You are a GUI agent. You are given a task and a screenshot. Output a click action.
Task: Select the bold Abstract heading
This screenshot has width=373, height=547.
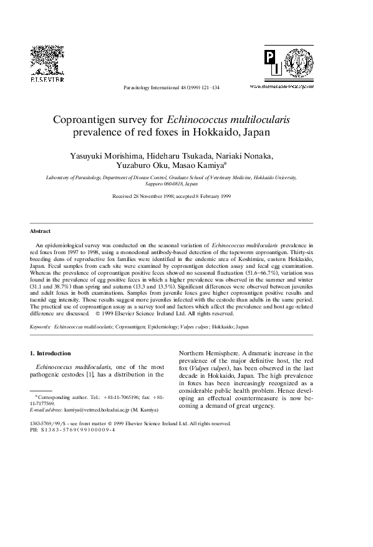tap(40, 231)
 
